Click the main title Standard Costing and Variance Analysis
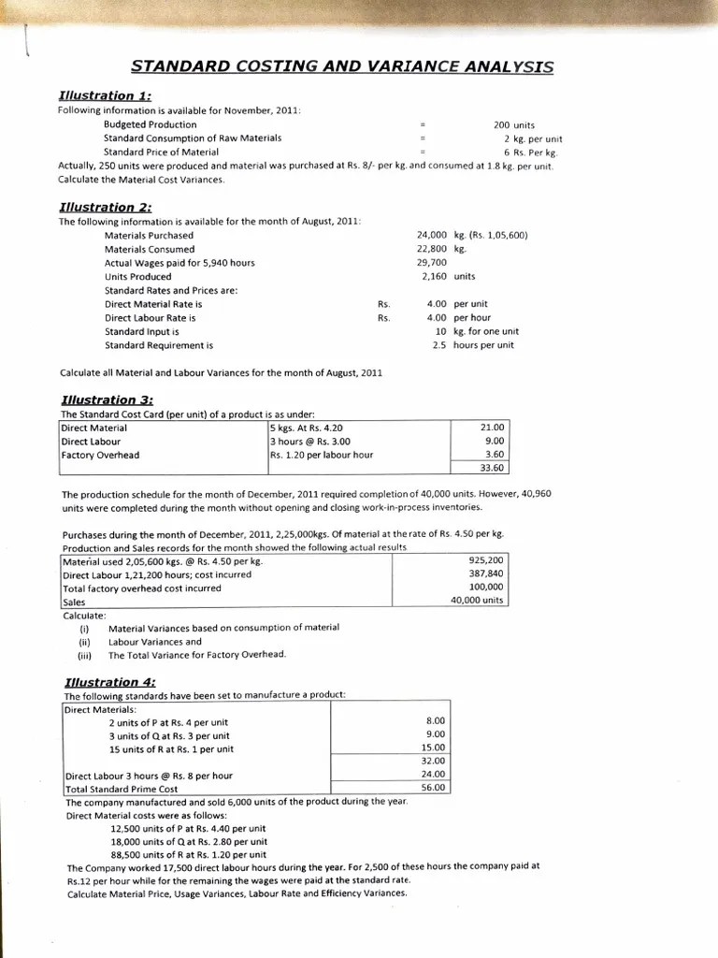(341, 66)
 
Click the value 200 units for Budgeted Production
(513, 124)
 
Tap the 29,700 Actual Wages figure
(431, 263)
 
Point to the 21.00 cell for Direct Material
(491, 428)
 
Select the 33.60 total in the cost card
(491, 468)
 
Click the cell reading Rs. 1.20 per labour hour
(321, 455)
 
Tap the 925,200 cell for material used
(485, 560)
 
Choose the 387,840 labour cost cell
(485, 573)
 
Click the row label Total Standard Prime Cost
(121, 789)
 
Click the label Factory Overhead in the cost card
(100, 455)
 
